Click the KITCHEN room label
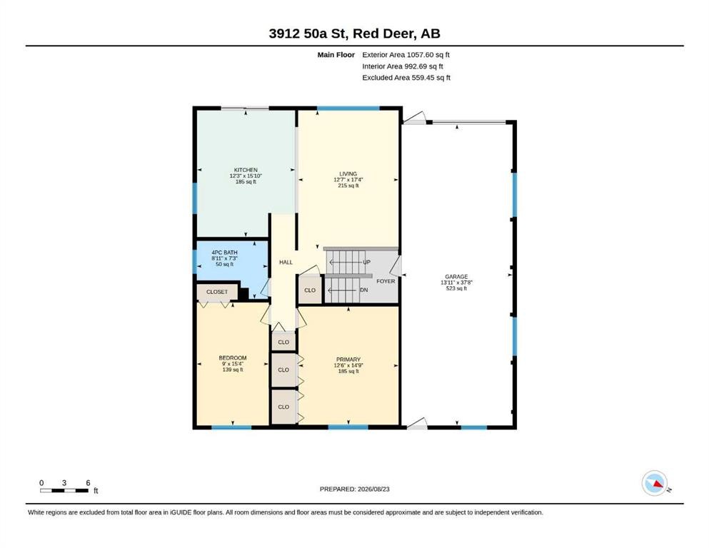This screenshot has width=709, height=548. [x=246, y=170]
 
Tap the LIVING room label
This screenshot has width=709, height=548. [x=348, y=174]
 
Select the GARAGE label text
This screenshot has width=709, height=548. [x=456, y=276]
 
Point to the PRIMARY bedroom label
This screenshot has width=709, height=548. [x=348, y=360]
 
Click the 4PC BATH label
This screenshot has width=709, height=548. [x=224, y=253]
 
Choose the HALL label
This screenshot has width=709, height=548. [x=286, y=262]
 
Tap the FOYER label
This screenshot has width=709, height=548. [x=386, y=281]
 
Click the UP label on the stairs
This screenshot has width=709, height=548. [x=367, y=262]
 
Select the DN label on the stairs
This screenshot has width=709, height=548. [x=364, y=290]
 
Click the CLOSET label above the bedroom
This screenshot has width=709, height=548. [x=217, y=292]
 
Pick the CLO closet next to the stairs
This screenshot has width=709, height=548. [x=310, y=290]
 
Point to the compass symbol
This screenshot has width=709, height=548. [x=655, y=483]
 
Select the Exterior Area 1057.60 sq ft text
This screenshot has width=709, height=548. [x=406, y=55]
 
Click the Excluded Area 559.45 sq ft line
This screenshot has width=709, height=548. [x=406, y=78]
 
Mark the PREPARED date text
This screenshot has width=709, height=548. [x=354, y=489]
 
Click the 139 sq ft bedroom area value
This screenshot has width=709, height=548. [x=233, y=370]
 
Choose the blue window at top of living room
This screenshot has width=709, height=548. [x=348, y=108]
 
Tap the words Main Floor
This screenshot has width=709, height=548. [x=336, y=55]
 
